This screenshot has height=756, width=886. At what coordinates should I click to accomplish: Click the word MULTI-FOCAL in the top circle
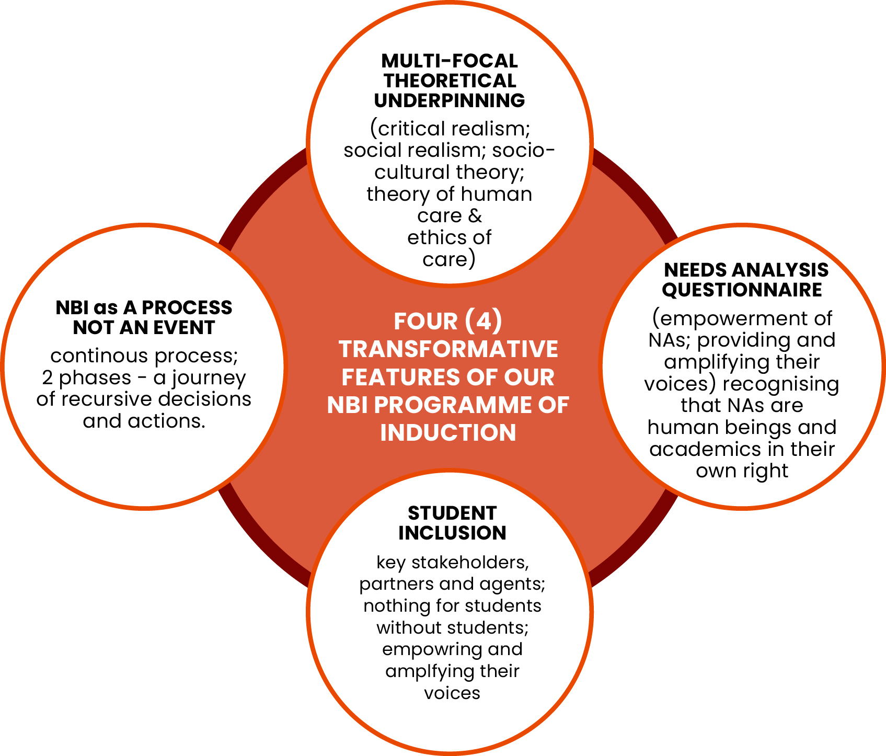pyautogui.click(x=449, y=61)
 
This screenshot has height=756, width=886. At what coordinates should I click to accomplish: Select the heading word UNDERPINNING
pyautogui.click(x=449, y=100)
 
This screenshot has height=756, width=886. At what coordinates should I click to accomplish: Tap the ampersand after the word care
pyautogui.click(x=475, y=216)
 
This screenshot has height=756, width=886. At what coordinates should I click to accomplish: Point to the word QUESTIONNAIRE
pyautogui.click(x=742, y=290)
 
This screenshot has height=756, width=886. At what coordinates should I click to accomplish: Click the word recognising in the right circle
pyautogui.click(x=781, y=384)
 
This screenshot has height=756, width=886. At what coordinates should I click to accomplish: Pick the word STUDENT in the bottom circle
pyautogui.click(x=452, y=513)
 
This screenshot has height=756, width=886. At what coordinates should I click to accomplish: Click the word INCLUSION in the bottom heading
pyautogui.click(x=452, y=533)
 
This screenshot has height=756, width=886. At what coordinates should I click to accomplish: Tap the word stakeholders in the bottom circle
pyautogui.click(x=470, y=563)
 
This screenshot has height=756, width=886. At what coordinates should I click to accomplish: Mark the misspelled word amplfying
pyautogui.click(x=421, y=671)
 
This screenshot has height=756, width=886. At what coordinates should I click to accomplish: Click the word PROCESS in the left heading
pyautogui.click(x=187, y=307)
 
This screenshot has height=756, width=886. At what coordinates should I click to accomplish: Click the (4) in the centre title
pyautogui.click(x=483, y=321)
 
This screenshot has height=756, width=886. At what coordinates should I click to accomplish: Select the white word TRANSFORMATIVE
pyautogui.click(x=448, y=349)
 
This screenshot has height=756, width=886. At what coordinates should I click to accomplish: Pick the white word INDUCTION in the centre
pyautogui.click(x=448, y=433)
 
